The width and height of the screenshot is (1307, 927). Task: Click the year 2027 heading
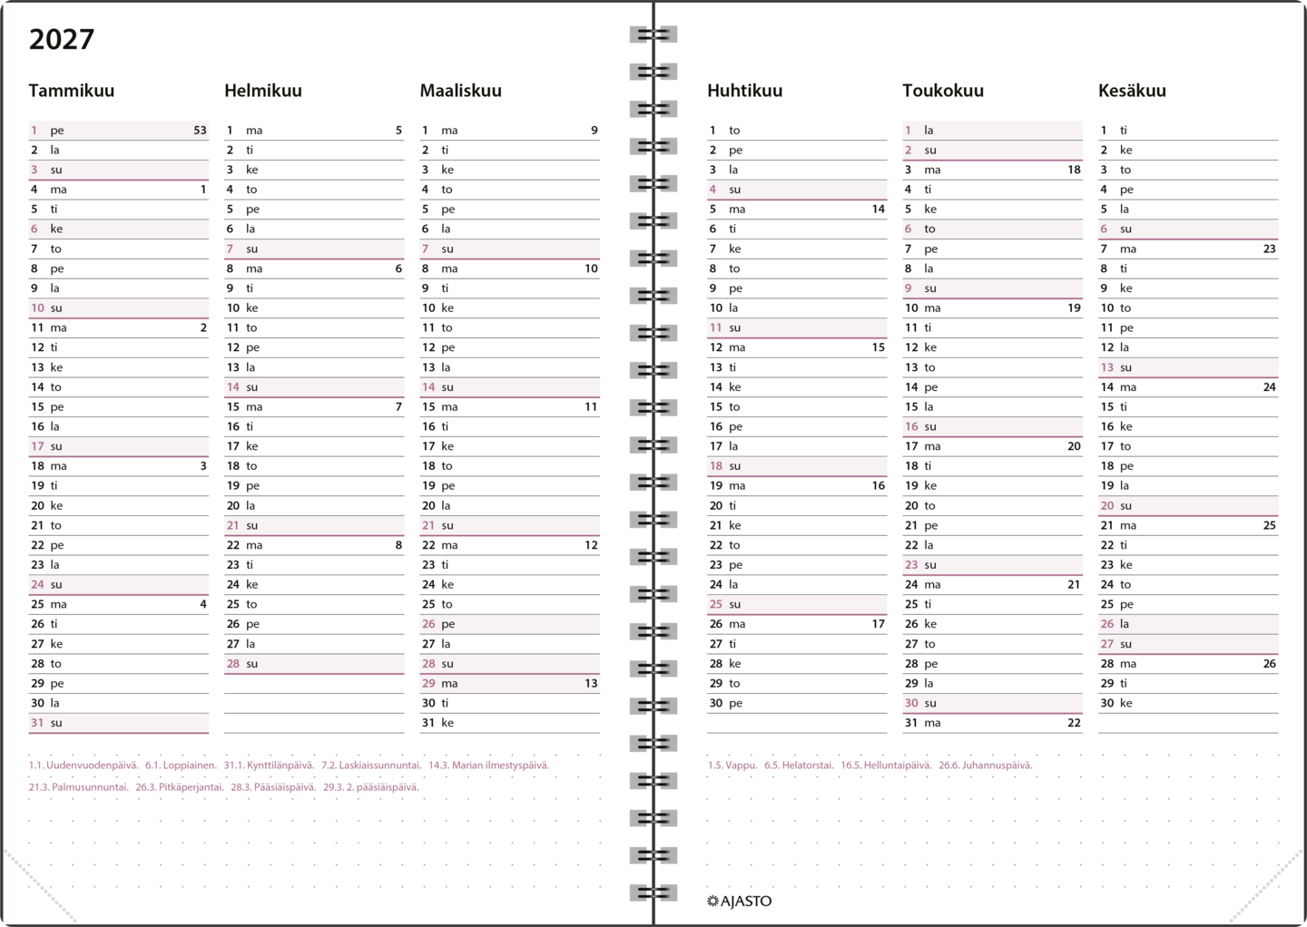62,40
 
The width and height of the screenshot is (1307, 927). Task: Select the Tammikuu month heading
71,91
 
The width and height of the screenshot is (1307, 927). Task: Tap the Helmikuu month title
263,91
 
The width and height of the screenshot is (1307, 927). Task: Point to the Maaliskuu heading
460,91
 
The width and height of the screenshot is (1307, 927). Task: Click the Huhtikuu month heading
744,91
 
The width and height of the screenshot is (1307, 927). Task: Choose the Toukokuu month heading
943,91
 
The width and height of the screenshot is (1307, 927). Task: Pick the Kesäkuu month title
1132,91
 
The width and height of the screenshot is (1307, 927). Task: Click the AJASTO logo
739,902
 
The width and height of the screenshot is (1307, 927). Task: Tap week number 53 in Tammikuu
200,130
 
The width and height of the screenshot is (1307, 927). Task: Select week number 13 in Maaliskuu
591,683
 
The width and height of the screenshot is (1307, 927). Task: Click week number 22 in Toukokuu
1075,723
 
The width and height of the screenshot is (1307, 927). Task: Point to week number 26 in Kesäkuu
1270,663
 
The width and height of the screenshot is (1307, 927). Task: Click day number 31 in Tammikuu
37,723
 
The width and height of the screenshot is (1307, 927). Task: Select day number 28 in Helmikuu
233,663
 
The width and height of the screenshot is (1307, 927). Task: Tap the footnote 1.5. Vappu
732,766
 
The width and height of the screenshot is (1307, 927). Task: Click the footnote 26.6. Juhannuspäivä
986,766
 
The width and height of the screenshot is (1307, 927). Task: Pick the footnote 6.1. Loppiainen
181,766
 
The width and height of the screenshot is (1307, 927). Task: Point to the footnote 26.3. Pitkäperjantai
180,787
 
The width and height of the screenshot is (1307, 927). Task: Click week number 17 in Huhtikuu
879,624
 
